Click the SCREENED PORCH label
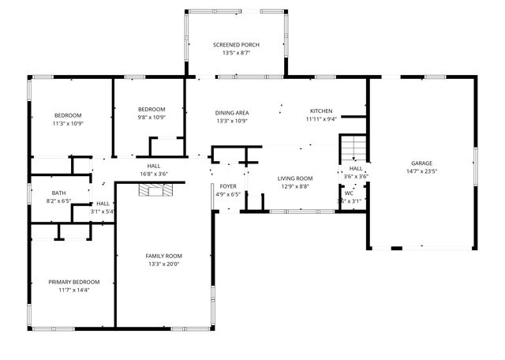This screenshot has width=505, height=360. click(237, 44)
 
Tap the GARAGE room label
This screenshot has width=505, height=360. click(421, 163)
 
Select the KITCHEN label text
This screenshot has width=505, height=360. click(321, 111)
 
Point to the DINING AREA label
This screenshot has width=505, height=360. click(232, 113)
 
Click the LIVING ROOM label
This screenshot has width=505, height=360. click(294, 178)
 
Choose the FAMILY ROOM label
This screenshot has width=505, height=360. click(163, 256)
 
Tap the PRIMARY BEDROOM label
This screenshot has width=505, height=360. click(74, 282)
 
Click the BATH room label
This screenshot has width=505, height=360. click(59, 193)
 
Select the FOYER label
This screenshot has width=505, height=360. click(228, 186)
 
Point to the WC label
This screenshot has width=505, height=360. click(349, 193)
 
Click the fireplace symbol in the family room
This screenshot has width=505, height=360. click(155, 189)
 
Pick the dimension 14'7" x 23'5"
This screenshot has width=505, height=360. click(421, 171)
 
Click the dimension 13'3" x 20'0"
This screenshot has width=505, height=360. click(163, 264)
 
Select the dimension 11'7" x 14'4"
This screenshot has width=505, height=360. click(74, 291)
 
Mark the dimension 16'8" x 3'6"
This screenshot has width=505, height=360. click(153, 174)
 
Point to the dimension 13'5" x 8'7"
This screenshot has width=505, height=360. click(237, 53)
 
